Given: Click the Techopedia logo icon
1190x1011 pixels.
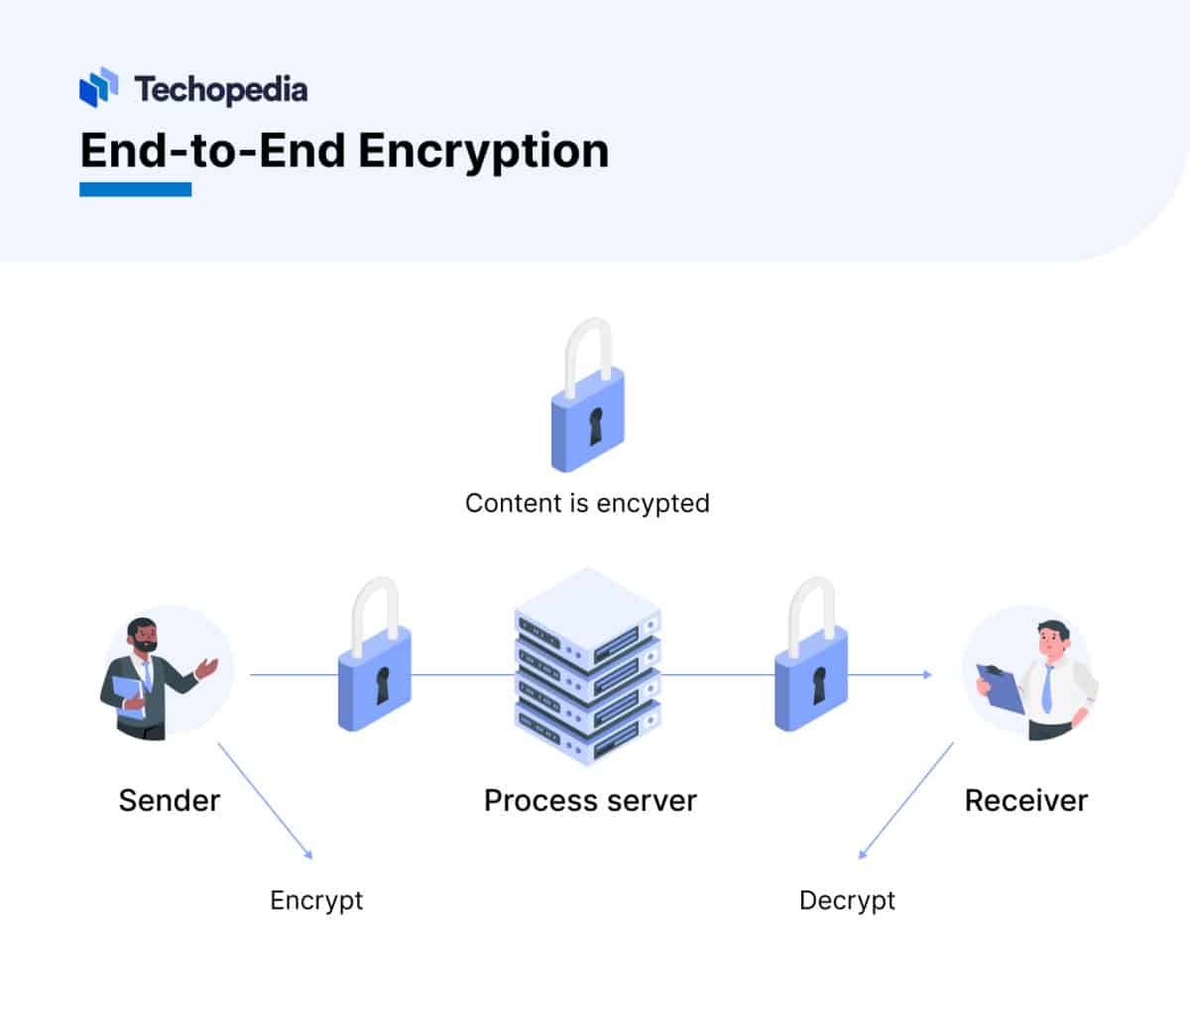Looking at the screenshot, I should pyautogui.click(x=98, y=87).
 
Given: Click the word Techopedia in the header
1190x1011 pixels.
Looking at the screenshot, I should pyautogui.click(x=220, y=89).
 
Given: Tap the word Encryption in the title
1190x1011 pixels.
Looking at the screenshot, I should pyautogui.click(x=483, y=151).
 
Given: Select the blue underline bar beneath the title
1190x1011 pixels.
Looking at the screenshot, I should pyautogui.click(x=135, y=188).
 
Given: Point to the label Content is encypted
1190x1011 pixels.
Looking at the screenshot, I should pyautogui.click(x=587, y=503).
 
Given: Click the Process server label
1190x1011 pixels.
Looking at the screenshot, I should pyautogui.click(x=590, y=800).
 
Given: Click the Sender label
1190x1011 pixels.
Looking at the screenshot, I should pyautogui.click(x=169, y=800).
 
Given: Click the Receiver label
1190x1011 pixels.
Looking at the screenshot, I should pyautogui.click(x=1025, y=800).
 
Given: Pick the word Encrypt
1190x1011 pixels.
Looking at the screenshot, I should pyautogui.click(x=316, y=900).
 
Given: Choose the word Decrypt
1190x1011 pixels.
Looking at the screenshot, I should pyautogui.click(x=847, y=900).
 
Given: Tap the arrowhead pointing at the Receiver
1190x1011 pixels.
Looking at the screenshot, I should pyautogui.click(x=927, y=674).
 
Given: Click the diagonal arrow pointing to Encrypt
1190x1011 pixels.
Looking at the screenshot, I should pyautogui.click(x=266, y=801).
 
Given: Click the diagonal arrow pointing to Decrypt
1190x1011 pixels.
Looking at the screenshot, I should pyautogui.click(x=904, y=801).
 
